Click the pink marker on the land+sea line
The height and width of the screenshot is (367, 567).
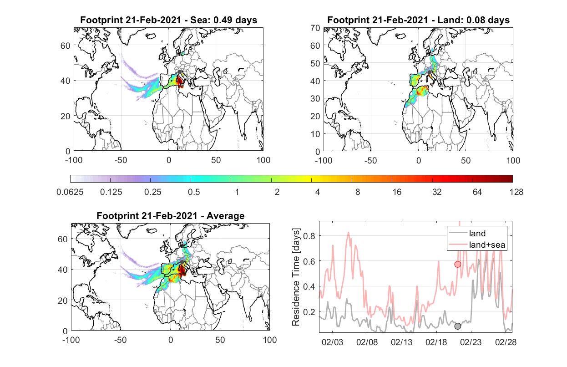click(458, 265)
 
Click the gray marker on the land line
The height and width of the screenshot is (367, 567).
click(458, 326)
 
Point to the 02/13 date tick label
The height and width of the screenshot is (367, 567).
click(401, 342)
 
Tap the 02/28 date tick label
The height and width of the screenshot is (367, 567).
click(506, 342)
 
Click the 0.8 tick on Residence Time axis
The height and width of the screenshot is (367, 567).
click(309, 236)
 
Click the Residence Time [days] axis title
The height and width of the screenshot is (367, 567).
click(296, 277)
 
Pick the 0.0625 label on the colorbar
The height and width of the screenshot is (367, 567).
click(70, 192)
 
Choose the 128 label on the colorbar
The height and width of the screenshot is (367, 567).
click(516, 192)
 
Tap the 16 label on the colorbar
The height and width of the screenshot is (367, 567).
click(397, 192)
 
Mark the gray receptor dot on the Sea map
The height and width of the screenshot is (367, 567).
click(180, 72)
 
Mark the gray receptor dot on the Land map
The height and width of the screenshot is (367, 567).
click(429, 72)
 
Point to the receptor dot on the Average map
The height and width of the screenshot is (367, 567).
click(182, 262)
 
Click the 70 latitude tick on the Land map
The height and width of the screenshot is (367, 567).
click(315, 28)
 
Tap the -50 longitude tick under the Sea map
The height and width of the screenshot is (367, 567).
click(121, 160)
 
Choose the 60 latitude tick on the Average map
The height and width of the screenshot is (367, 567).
click(62, 239)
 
